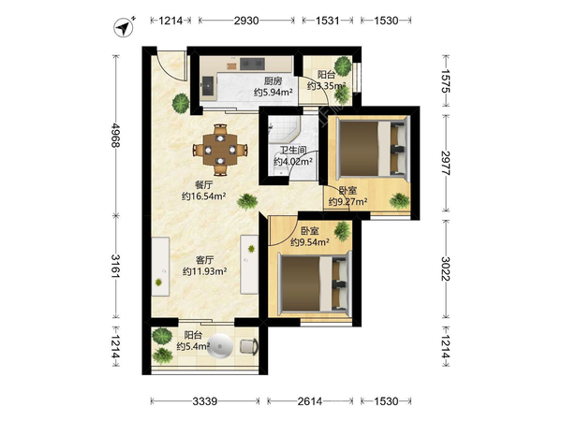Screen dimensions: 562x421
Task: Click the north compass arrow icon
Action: (124, 27)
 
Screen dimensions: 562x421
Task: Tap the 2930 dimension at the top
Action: (246, 21)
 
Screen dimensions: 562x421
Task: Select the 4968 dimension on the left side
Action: (116, 136)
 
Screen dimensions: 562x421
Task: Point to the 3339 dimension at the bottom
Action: (204, 401)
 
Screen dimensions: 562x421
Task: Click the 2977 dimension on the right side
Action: (446, 163)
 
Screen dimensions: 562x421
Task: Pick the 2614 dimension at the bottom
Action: (310, 401)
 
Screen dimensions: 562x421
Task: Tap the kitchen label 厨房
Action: (274, 81)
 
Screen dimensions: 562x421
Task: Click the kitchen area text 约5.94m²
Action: (274, 93)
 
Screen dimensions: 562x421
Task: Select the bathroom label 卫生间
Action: (293, 151)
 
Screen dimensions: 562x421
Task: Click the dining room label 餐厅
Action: (203, 185)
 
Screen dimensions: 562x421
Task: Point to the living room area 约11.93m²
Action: (204, 271)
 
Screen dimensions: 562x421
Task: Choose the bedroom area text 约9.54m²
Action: (310, 242)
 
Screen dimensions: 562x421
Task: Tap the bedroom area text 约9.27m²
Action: (348, 202)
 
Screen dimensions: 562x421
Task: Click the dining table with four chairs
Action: (220, 150)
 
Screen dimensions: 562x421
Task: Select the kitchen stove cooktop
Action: (252, 64)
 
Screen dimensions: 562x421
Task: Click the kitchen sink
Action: (208, 85)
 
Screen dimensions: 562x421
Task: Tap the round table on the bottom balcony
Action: (220, 346)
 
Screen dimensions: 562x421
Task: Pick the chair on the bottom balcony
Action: (249, 346)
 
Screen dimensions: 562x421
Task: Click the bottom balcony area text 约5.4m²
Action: (193, 346)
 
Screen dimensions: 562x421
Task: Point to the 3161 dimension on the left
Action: (116, 266)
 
